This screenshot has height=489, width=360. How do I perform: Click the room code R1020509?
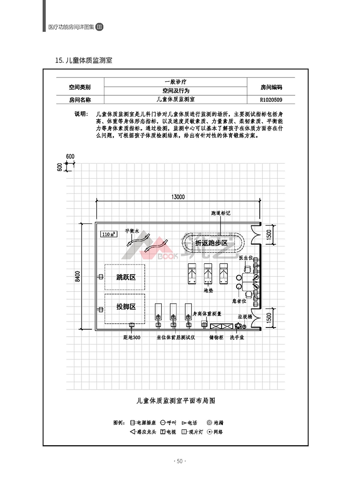271,99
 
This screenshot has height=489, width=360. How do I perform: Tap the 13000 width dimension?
178,197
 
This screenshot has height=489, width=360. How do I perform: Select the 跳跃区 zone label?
126,277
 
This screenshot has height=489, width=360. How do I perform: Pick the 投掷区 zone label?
126,307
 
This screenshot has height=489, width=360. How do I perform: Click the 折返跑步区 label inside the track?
211,243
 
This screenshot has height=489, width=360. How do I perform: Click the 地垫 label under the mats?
208,290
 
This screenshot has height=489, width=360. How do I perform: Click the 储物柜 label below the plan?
216,338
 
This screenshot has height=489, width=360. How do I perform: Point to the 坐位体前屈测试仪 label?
176,338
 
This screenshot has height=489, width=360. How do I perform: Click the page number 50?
180,461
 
